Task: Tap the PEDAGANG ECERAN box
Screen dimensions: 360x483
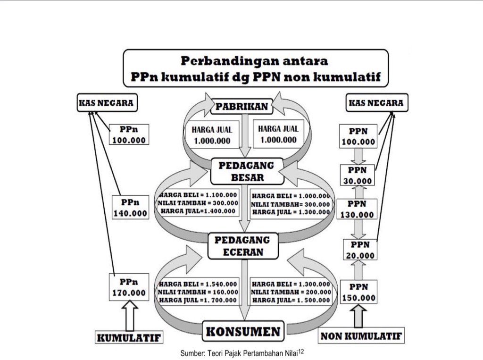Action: click(x=241, y=246)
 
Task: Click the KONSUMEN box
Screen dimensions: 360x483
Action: click(x=243, y=332)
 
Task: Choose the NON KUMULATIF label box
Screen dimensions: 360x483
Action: click(x=361, y=336)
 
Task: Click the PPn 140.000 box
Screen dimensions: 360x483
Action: click(x=130, y=208)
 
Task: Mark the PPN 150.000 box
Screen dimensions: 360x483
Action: click(x=359, y=293)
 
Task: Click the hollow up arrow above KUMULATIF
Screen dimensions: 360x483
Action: click(x=130, y=315)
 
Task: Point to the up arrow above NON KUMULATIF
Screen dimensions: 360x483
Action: click(x=359, y=316)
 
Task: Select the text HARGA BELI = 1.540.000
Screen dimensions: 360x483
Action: click(x=198, y=284)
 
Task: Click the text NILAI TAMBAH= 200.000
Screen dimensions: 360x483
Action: click(x=291, y=292)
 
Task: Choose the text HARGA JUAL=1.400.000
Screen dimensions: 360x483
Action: click(x=198, y=211)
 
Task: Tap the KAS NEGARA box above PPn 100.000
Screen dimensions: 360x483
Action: click(x=107, y=103)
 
